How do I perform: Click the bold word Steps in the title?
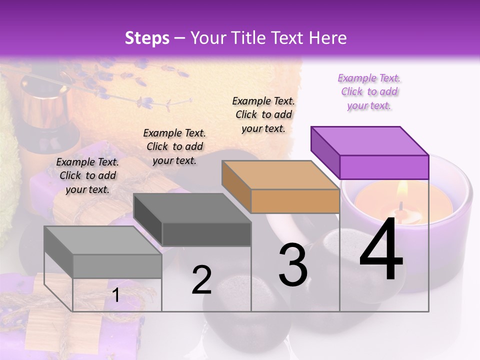tap(147, 38)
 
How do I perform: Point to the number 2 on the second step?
tap(201, 280)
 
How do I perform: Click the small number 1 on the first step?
tap(116, 295)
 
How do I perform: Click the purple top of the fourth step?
tap(369, 141)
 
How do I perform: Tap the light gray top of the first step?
tap(102, 240)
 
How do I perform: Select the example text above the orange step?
tap(263, 114)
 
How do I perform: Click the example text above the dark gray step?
tap(174, 146)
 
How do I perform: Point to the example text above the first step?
tap(87, 175)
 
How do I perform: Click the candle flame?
tap(402, 190)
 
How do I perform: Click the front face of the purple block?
tap(384, 167)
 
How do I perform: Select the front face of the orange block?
tap(295, 201)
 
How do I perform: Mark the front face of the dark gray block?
tap(206, 234)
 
